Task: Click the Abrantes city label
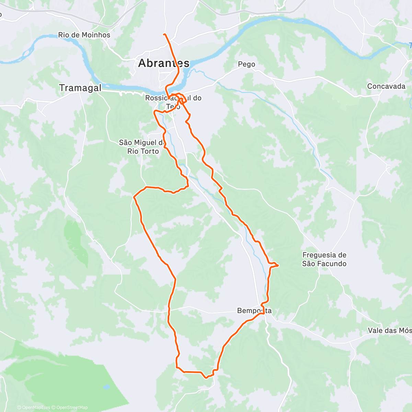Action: click(163, 63)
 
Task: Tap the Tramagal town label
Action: click(80, 88)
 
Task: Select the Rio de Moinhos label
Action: click(84, 35)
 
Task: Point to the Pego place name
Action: click(247, 64)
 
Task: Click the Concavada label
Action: click(386, 86)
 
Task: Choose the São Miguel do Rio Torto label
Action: click(143, 147)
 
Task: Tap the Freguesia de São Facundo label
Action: click(324, 259)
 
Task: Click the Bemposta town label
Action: click(254, 311)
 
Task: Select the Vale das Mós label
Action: click(389, 330)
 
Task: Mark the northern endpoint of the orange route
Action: click(164, 34)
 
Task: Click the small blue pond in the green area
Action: click(106, 387)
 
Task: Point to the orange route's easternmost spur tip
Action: click(277, 265)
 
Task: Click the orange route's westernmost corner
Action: click(134, 197)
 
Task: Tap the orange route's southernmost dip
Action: click(206, 378)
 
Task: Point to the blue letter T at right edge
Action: click(410, 45)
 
